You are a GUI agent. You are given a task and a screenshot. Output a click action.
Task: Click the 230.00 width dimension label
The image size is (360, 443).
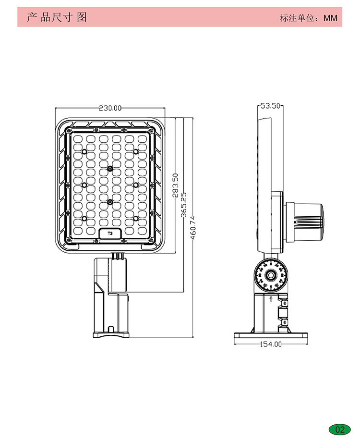point(110,108)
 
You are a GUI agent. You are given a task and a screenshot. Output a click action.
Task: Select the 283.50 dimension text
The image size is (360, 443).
point(175,185)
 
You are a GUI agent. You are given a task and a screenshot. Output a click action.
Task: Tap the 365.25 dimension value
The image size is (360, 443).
point(184,205)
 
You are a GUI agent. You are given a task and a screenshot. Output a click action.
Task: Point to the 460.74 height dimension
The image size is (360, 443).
point(193,228)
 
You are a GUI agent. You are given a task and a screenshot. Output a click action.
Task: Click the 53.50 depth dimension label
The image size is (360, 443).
point(270,106)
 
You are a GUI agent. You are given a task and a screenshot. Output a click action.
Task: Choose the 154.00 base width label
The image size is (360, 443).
point(271,344)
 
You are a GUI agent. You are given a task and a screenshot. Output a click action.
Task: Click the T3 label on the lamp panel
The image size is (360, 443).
point(110,234)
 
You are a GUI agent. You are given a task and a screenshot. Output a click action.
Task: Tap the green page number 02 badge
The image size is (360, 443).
point(340,430)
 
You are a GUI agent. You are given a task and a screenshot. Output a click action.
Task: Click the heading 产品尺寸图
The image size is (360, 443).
point(57,17)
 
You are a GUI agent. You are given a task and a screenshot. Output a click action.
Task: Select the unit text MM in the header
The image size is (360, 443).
point(330,18)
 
